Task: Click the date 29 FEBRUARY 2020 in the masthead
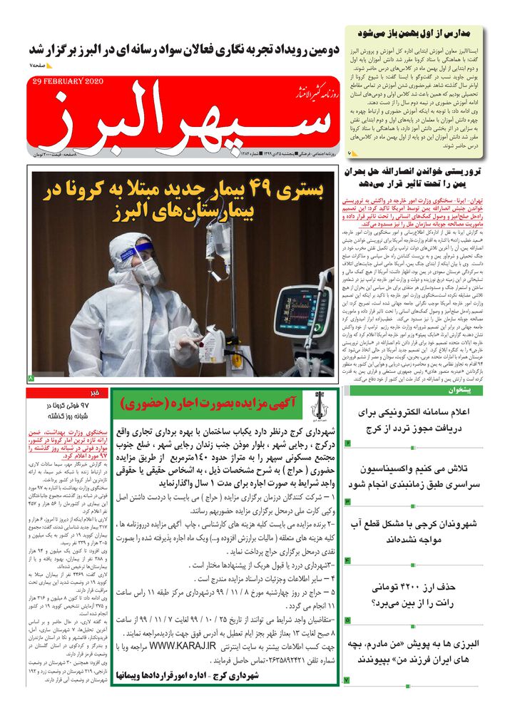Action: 68,81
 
